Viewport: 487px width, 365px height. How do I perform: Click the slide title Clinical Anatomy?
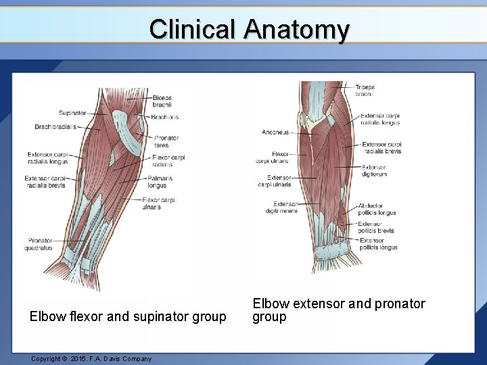tap(249, 30)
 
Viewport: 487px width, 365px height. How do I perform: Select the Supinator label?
tap(72, 113)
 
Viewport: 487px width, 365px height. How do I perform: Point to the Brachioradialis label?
tap(55, 126)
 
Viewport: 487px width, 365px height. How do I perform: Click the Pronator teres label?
tap(166, 141)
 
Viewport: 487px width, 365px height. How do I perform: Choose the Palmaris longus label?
tap(160, 181)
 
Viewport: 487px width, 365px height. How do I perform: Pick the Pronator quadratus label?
tap(40, 244)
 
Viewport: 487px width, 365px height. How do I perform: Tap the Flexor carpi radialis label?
tap(168, 161)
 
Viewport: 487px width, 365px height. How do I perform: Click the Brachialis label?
tap(164, 117)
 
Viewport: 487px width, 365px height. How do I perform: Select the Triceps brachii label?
tap(365, 91)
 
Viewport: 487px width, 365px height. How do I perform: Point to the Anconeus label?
tap(275, 132)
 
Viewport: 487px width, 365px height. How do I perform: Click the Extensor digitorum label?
tap(374, 170)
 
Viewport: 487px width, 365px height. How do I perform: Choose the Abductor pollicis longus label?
tap(377, 210)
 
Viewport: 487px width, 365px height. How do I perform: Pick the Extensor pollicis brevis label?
tap(375, 227)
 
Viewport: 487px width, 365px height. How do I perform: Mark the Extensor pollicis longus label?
tap(378, 244)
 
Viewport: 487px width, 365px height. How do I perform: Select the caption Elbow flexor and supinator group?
tap(128, 316)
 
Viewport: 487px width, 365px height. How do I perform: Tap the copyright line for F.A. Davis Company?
tap(91, 358)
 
